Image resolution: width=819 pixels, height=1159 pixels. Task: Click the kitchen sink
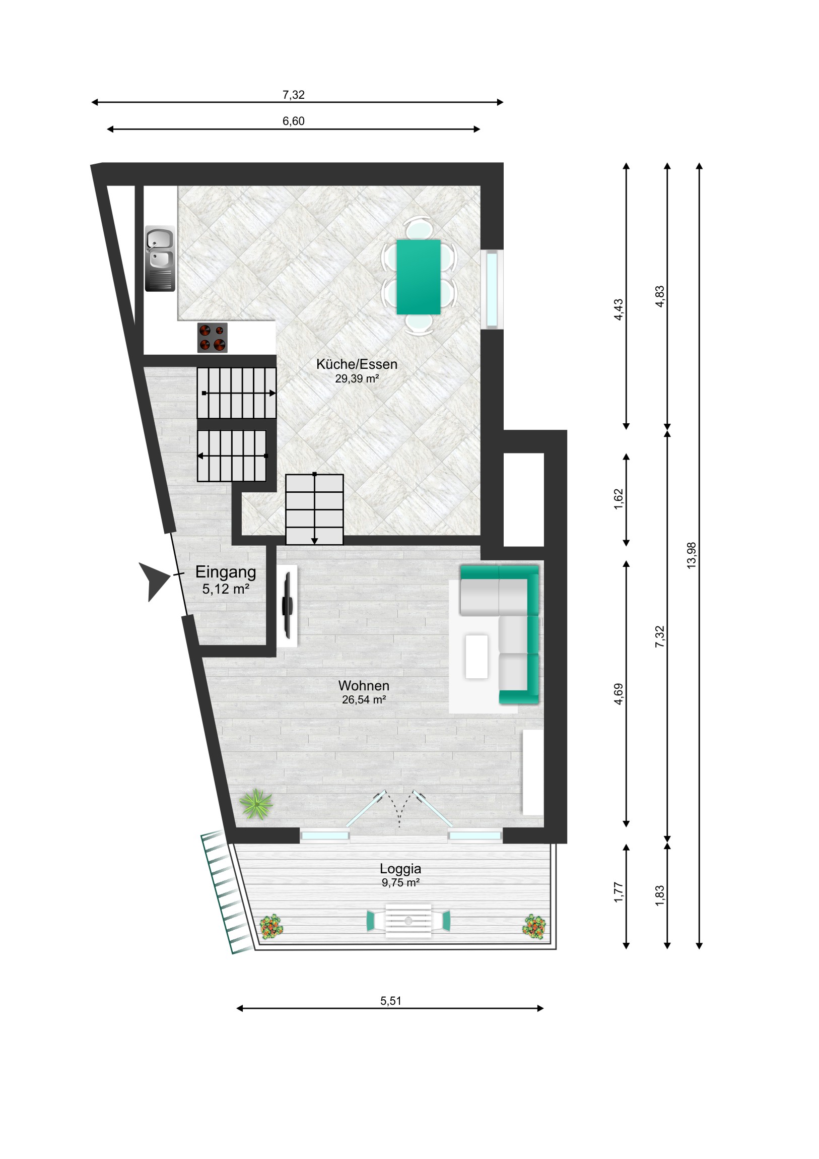point(160,259)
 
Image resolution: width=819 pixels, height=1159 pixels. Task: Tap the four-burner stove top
point(212,338)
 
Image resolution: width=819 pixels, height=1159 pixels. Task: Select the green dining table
point(419,277)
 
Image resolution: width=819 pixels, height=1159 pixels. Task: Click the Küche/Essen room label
point(357,364)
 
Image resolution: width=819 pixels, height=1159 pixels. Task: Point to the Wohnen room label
point(364,685)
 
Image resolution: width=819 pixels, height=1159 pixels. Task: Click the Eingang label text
point(226,572)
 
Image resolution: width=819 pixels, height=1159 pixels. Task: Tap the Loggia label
point(400,869)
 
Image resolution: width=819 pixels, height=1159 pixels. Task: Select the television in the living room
point(288,605)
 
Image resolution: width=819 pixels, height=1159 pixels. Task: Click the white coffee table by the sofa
point(477,656)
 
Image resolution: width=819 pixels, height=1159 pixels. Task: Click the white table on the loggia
point(408,921)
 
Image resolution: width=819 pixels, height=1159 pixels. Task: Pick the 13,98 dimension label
point(692,555)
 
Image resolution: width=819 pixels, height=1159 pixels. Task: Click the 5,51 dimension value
point(390,1001)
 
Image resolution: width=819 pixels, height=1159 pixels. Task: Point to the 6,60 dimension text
point(293,121)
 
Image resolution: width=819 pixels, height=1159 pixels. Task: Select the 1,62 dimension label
point(619,499)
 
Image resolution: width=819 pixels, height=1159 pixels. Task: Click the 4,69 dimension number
point(619,694)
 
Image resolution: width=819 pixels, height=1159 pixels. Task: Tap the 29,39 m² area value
point(357,378)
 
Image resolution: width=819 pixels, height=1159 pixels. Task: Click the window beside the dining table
point(492,289)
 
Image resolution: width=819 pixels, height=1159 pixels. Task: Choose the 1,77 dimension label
point(619,892)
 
